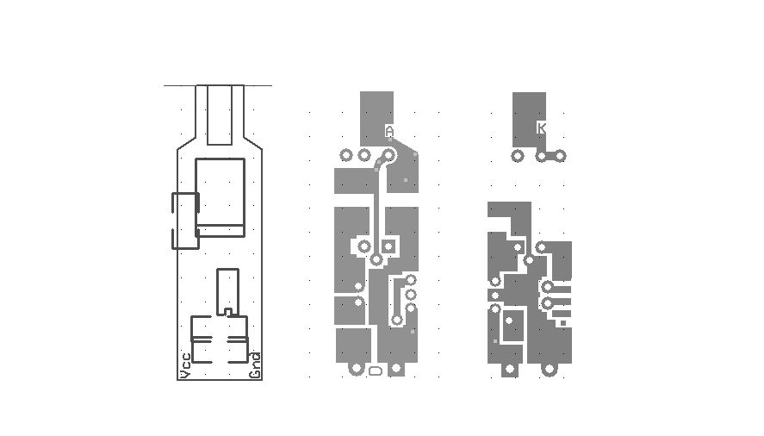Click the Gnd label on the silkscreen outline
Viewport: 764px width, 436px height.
click(255, 365)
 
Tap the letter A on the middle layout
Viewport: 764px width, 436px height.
click(389, 131)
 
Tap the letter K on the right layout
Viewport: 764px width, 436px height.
click(541, 128)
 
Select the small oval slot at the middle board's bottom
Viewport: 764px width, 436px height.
click(376, 371)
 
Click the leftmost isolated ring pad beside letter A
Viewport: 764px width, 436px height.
click(346, 156)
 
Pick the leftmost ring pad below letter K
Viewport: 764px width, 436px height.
click(517, 156)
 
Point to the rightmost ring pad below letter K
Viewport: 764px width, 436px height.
click(559, 156)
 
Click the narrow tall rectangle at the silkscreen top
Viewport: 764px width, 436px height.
click(221, 114)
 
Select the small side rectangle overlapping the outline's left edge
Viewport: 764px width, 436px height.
click(185, 221)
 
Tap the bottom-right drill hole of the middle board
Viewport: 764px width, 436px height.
click(396, 369)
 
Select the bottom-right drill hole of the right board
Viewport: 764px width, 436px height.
click(550, 370)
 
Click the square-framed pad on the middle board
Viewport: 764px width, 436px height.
click(388, 246)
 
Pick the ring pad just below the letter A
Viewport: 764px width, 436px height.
click(388, 156)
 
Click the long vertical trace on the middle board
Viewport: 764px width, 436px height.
click(376, 207)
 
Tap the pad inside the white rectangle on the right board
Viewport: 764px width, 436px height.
click(509, 321)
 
